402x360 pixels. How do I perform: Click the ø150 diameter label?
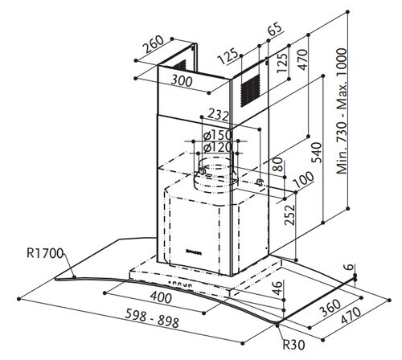point(211,133)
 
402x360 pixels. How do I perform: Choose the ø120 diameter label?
point(211,147)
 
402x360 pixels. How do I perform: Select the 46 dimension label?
point(278,288)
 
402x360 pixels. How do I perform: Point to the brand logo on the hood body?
point(195,252)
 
